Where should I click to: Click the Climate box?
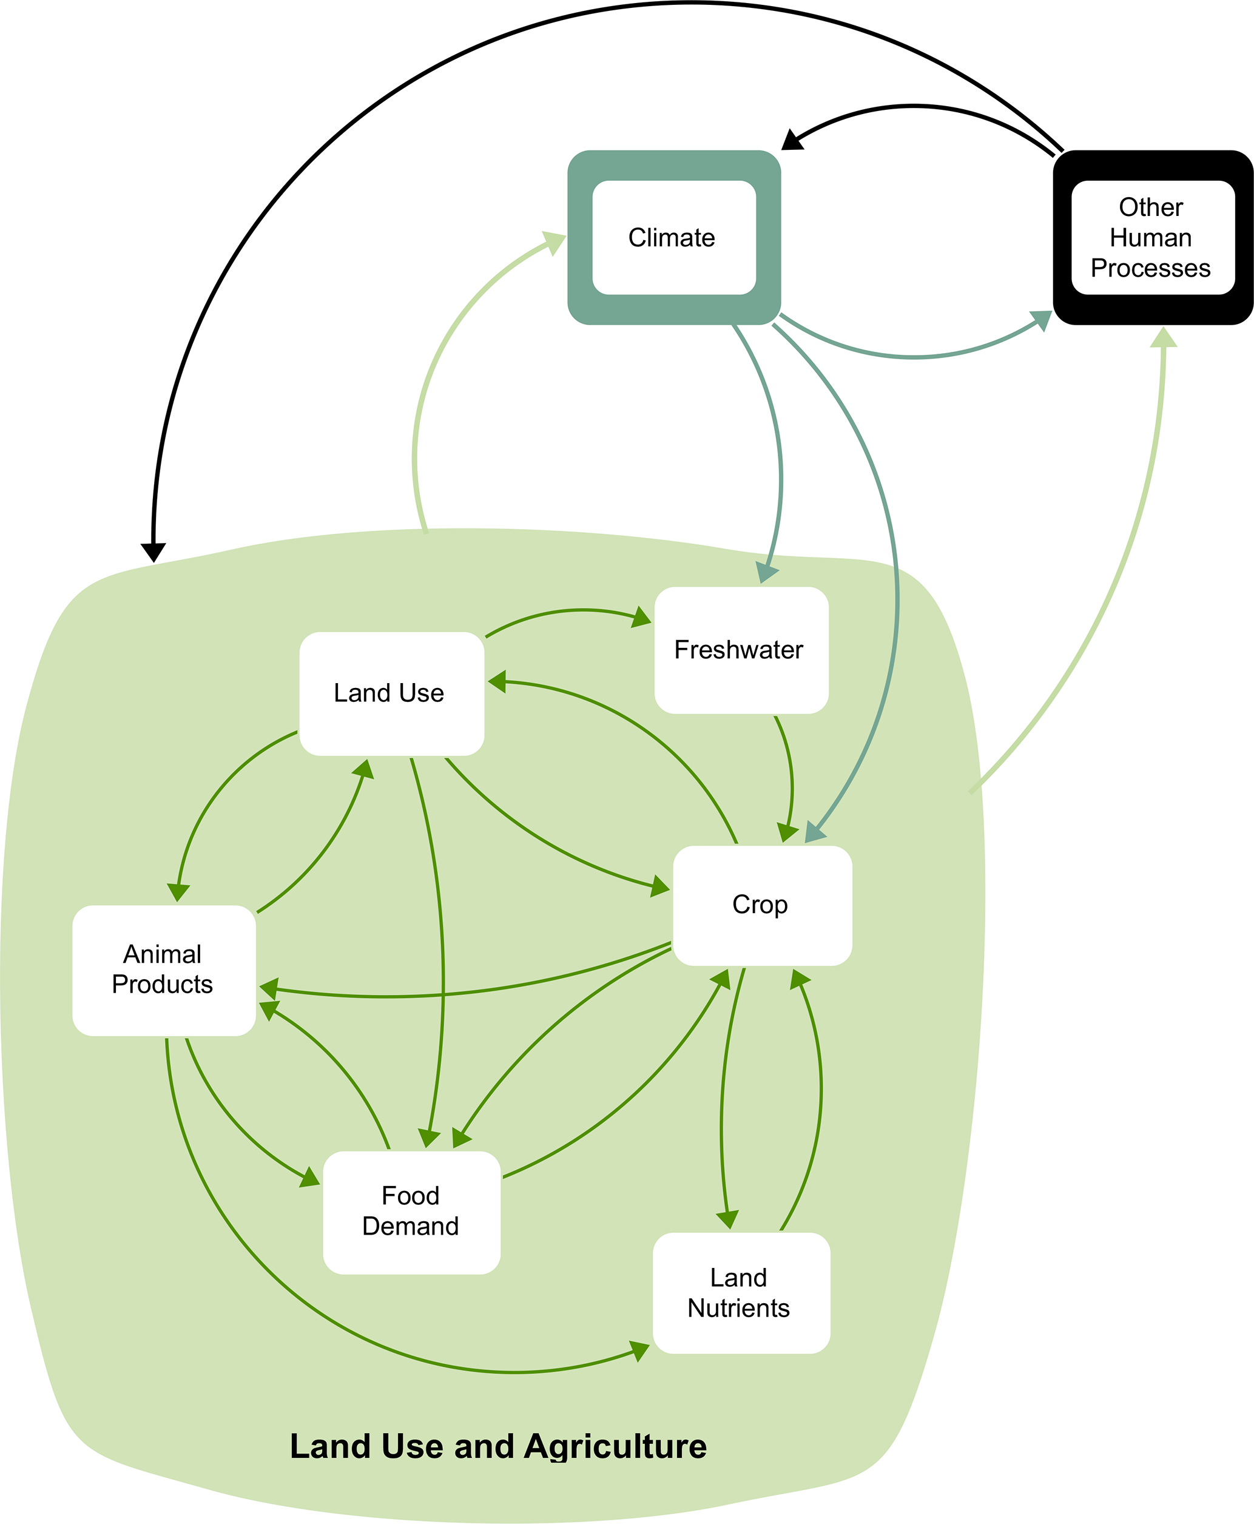tap(673, 238)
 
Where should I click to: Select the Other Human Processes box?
tap(1152, 238)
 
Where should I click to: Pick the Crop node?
tap(762, 905)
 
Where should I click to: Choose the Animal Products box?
tap(164, 970)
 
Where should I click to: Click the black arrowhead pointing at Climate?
tap(792, 140)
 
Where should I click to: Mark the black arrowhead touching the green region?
tap(153, 553)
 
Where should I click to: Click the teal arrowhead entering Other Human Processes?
tap(1042, 319)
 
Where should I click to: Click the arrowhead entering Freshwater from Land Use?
tap(641, 618)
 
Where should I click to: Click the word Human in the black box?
tap(1151, 238)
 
